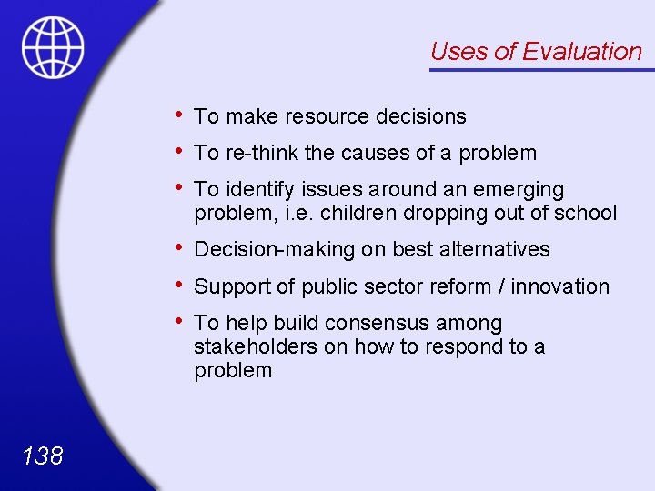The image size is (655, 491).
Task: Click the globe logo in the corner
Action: click(53, 47)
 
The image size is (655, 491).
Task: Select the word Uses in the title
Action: click(458, 52)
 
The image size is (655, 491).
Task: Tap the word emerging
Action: click(521, 190)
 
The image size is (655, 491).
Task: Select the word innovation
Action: click(560, 286)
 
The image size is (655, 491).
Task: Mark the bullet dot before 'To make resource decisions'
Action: click(182, 115)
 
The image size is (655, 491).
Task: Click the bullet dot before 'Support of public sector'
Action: click(182, 285)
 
